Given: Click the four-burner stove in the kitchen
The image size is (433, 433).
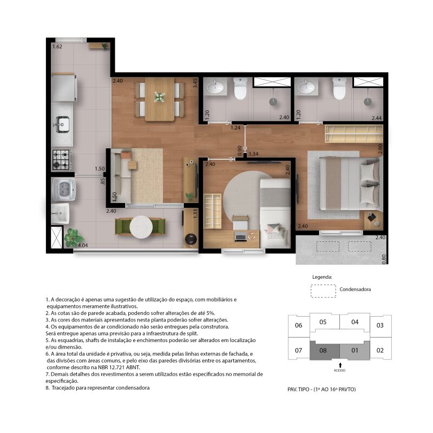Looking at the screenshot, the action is (61, 160).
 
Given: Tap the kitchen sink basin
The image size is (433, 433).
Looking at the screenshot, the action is (63, 124).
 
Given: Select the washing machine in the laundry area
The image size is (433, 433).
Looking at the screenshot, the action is (64, 189).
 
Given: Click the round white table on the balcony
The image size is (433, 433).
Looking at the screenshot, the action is (141, 227).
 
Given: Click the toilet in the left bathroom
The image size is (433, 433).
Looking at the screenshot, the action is (240, 88).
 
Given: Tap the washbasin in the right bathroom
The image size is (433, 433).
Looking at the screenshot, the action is (306, 87).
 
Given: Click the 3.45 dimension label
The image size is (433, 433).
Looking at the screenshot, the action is (195, 83).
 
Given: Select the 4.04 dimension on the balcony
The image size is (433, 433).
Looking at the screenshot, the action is (83, 245).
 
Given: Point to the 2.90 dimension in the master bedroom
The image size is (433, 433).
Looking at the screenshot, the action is (380, 149).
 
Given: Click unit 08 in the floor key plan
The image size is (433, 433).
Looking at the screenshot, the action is (323, 350).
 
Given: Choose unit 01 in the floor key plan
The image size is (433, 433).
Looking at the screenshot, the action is (355, 350).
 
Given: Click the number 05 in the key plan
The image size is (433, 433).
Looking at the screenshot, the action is (323, 322).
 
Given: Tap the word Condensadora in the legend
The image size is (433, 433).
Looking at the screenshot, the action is (355, 290).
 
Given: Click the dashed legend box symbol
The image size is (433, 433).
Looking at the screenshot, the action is (323, 291).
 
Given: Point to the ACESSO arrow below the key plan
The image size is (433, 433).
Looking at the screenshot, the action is (340, 365).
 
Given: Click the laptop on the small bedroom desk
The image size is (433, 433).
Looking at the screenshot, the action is (240, 237).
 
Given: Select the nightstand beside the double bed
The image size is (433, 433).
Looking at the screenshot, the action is (373, 220).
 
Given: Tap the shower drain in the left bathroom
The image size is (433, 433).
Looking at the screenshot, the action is (273, 102).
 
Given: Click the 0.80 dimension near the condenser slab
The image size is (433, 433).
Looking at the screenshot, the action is (384, 259).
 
